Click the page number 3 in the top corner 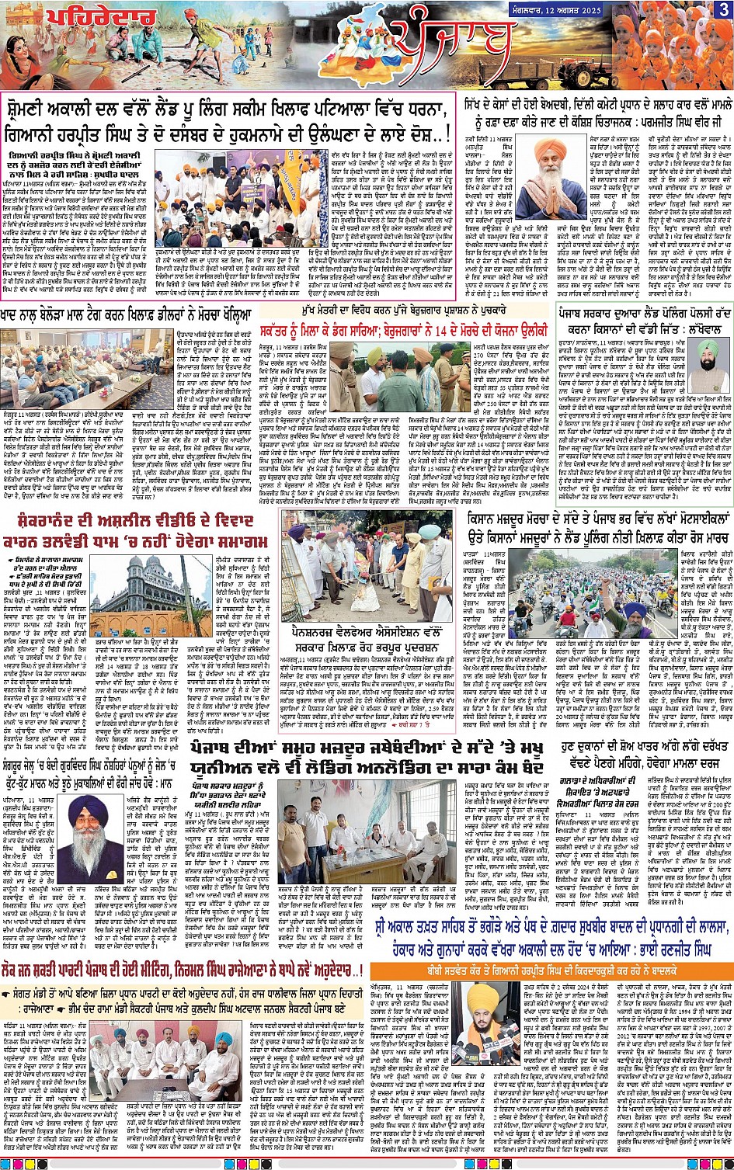(723, 9)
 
